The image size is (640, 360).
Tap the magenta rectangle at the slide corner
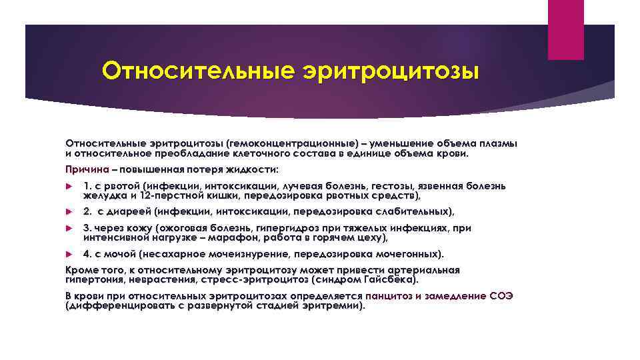pos(565,30)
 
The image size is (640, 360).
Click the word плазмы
pos(499,144)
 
